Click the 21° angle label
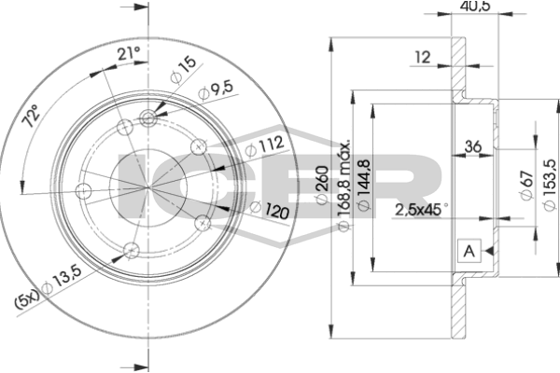(129, 54)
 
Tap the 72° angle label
(30, 116)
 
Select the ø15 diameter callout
(184, 69)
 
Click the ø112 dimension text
(265, 145)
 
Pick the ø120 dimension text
(270, 210)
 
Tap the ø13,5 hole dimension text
(62, 280)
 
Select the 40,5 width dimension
(475, 6)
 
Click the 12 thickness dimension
(423, 57)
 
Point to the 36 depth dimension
(472, 146)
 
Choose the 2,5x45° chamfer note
(421, 210)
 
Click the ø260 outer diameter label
(322, 185)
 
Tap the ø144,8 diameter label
(364, 185)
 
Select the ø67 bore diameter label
(526, 185)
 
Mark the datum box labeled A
(469, 251)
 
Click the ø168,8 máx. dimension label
(343, 186)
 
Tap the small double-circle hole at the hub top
(147, 117)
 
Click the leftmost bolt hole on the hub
(84, 191)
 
